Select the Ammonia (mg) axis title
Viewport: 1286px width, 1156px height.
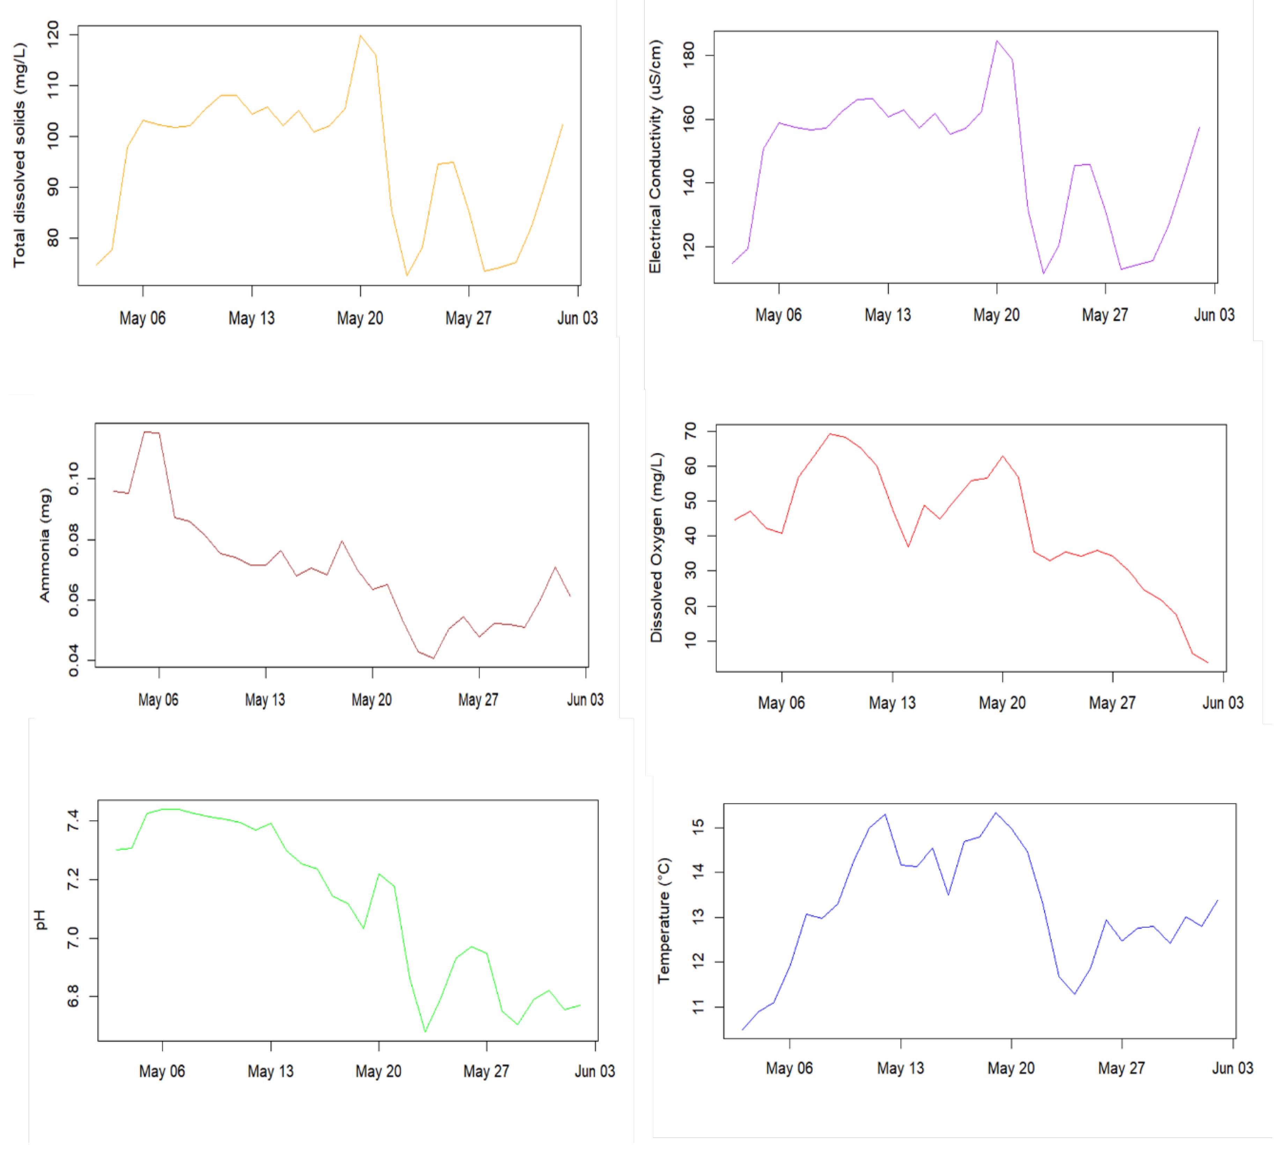pos(44,544)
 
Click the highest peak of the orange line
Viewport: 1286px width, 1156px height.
pos(360,36)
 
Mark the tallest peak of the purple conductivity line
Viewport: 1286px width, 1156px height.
pos(996,40)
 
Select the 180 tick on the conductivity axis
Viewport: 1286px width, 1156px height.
pos(688,55)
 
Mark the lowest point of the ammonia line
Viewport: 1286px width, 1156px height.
pos(433,658)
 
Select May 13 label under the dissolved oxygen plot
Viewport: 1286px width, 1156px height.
pos(892,703)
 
